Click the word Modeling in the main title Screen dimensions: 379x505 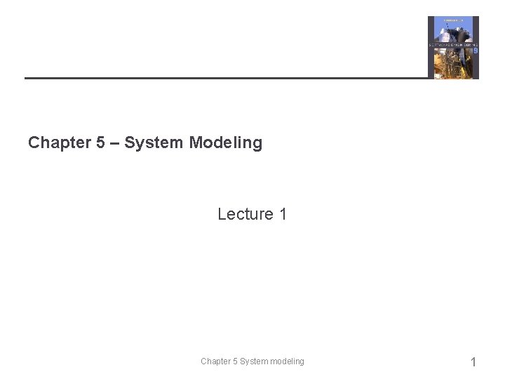(225, 142)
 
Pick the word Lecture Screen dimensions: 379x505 (245, 214)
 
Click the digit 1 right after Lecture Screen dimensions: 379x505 (283, 214)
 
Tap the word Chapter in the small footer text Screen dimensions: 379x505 (215, 361)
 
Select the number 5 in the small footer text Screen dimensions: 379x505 (235, 361)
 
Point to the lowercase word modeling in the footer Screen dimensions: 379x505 (288, 361)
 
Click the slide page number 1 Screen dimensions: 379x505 (473, 362)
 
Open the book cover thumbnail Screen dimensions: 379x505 (453, 47)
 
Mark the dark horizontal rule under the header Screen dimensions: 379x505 (224, 77)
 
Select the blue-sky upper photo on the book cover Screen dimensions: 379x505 (452, 30)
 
